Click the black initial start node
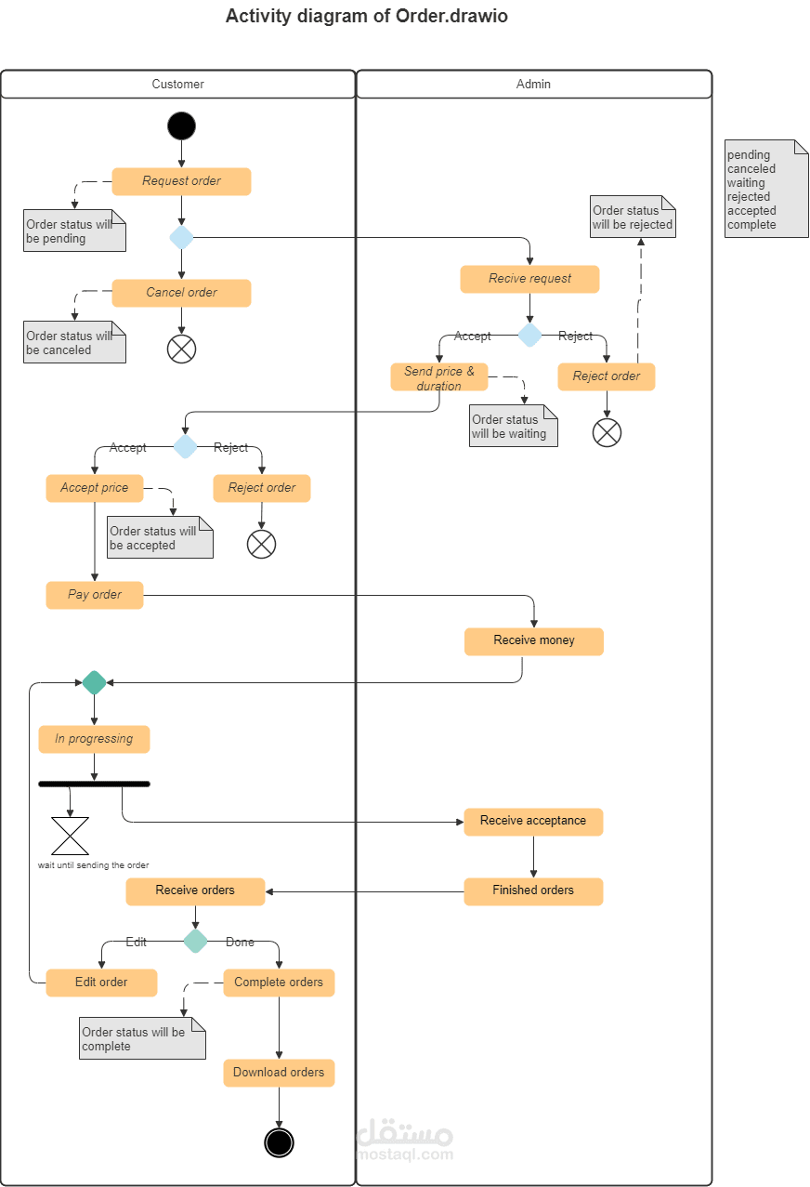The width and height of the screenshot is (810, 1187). (181, 125)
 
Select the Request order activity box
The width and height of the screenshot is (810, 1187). (181, 181)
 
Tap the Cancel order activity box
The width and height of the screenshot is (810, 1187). (181, 293)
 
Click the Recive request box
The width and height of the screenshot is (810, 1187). (529, 279)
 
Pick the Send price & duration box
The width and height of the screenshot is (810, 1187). (438, 377)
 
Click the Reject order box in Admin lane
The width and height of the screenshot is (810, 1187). (606, 376)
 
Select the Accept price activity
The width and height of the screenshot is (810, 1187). (94, 488)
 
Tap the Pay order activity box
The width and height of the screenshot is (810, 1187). (94, 595)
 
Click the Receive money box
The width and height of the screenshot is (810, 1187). (533, 641)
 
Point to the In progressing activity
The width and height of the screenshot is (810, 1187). (94, 739)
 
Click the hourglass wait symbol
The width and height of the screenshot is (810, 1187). (70, 836)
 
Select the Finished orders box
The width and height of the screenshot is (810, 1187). (533, 890)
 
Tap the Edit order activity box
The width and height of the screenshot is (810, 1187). (101, 983)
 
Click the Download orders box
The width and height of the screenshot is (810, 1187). (279, 1073)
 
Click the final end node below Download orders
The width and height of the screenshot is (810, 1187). (279, 1141)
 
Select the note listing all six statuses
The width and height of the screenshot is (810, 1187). (765, 190)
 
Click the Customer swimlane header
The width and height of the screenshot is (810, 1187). (177, 84)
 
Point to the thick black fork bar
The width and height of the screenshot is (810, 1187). (94, 784)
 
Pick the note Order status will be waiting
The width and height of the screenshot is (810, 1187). (513, 427)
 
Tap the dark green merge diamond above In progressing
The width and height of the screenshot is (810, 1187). (94, 683)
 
